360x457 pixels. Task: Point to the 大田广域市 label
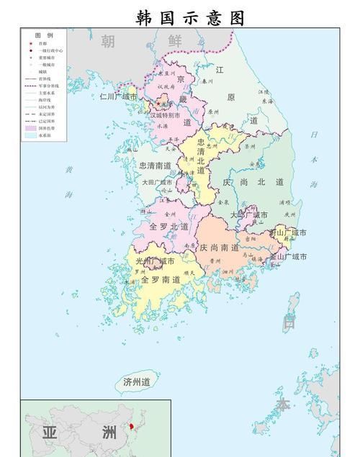(157, 183)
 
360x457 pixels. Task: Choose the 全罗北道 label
(168, 226)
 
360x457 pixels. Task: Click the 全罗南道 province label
(161, 279)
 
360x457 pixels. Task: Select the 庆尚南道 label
(220, 247)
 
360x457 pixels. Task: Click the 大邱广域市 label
(249, 214)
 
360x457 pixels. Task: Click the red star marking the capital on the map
(159, 104)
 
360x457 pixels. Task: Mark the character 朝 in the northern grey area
(107, 42)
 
